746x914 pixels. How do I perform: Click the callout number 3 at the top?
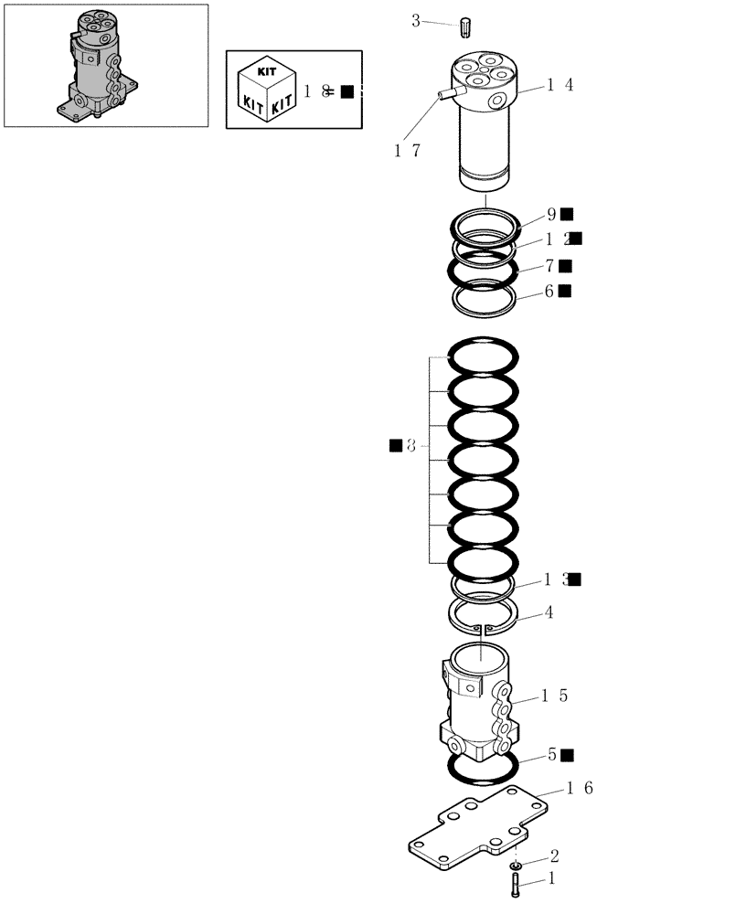(415, 20)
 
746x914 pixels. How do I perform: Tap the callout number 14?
(560, 85)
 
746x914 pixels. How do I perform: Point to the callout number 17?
(408, 151)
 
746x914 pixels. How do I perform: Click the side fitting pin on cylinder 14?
(445, 93)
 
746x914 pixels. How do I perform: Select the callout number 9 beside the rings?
(551, 215)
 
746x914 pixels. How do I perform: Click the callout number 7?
(550, 266)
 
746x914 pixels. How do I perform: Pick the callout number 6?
(549, 291)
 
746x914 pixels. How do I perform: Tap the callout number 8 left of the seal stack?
(410, 446)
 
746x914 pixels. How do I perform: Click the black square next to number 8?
(395, 445)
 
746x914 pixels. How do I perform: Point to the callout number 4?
(549, 612)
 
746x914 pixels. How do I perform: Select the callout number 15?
(554, 696)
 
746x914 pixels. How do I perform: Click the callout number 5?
(552, 755)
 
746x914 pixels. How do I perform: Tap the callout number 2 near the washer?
(553, 856)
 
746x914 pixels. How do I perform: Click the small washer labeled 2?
(517, 864)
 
